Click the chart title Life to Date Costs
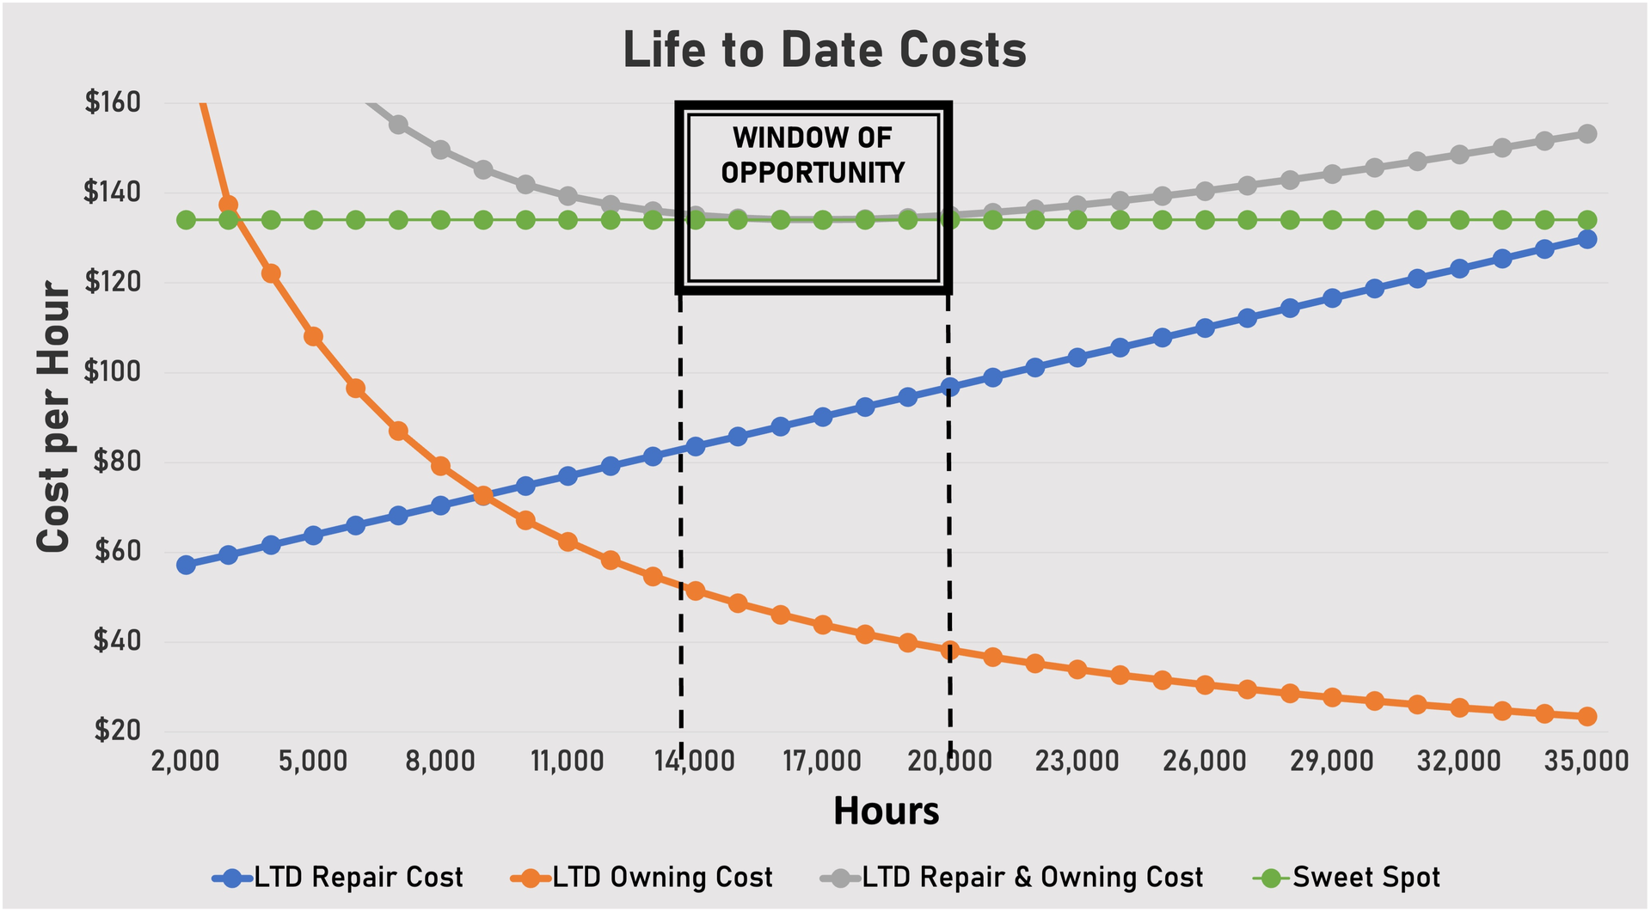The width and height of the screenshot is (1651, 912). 825,50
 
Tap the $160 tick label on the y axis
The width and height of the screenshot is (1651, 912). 113,102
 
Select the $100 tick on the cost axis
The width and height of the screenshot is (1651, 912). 113,372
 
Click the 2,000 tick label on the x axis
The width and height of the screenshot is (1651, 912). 185,762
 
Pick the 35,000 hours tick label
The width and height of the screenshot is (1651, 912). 1587,762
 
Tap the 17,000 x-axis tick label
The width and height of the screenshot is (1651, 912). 822,762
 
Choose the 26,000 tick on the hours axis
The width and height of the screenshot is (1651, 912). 1204,762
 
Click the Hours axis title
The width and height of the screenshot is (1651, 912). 886,811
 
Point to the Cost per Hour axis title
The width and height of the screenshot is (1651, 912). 53,417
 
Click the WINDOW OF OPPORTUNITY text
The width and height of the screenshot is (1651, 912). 813,155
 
